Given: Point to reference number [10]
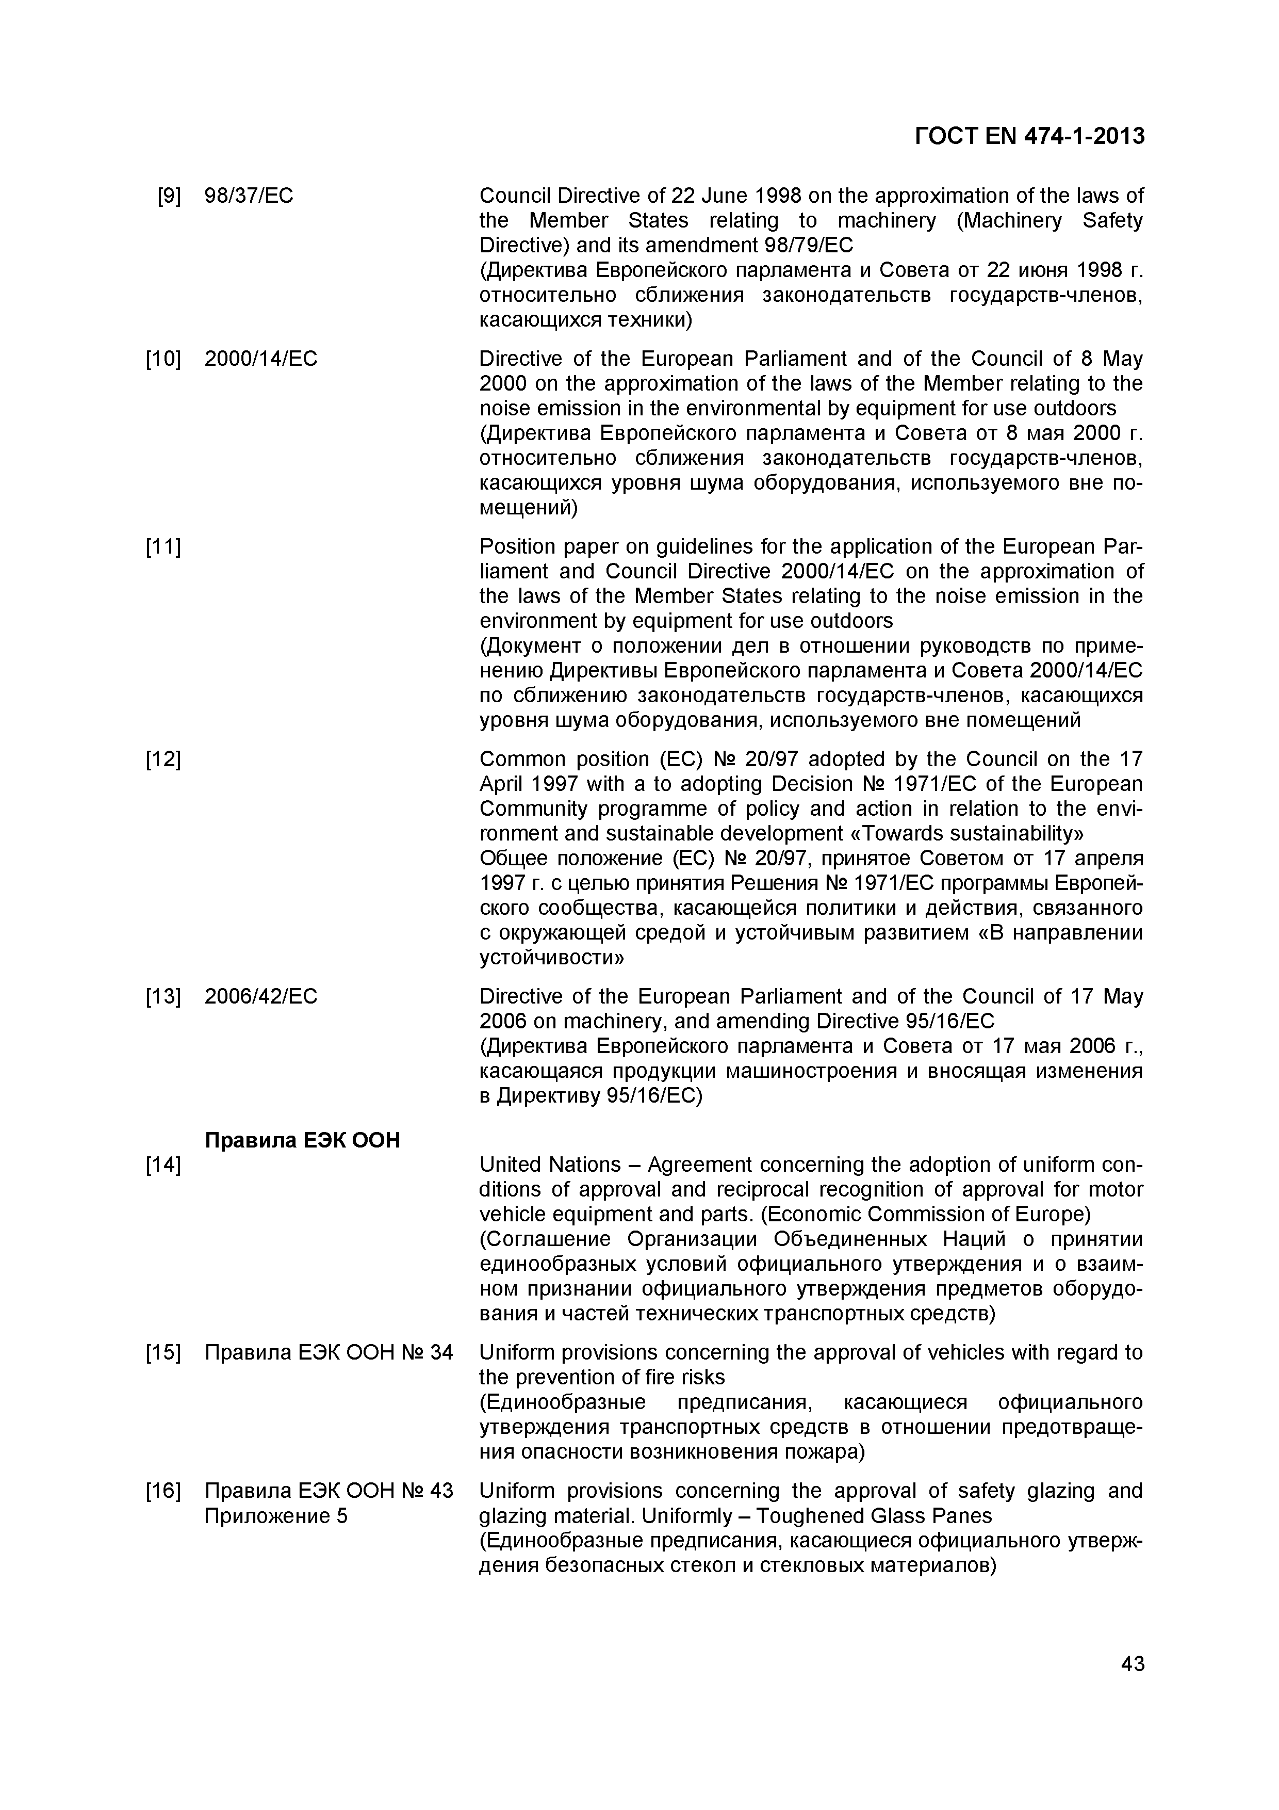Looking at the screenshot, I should (163, 360).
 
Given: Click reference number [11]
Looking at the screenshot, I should (163, 547).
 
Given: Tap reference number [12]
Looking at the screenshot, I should (163, 759).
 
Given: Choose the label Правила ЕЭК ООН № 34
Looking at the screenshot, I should (329, 1353).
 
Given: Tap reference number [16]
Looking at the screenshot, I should (163, 1492).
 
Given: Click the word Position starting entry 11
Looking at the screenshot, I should (513, 547).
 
